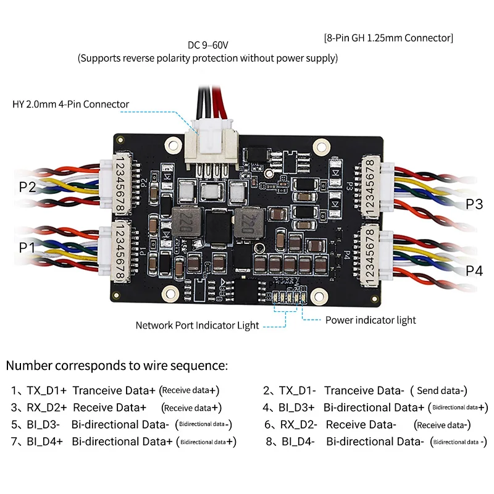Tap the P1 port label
[27, 247]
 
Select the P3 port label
[474, 204]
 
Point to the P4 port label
[474, 270]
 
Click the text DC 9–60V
[208, 46]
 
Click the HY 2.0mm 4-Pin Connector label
[71, 104]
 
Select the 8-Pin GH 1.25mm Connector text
[388, 38]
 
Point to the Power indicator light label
[371, 320]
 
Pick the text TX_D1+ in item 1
[46, 390]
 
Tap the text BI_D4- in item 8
[298, 442]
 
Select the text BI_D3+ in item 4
[297, 408]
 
